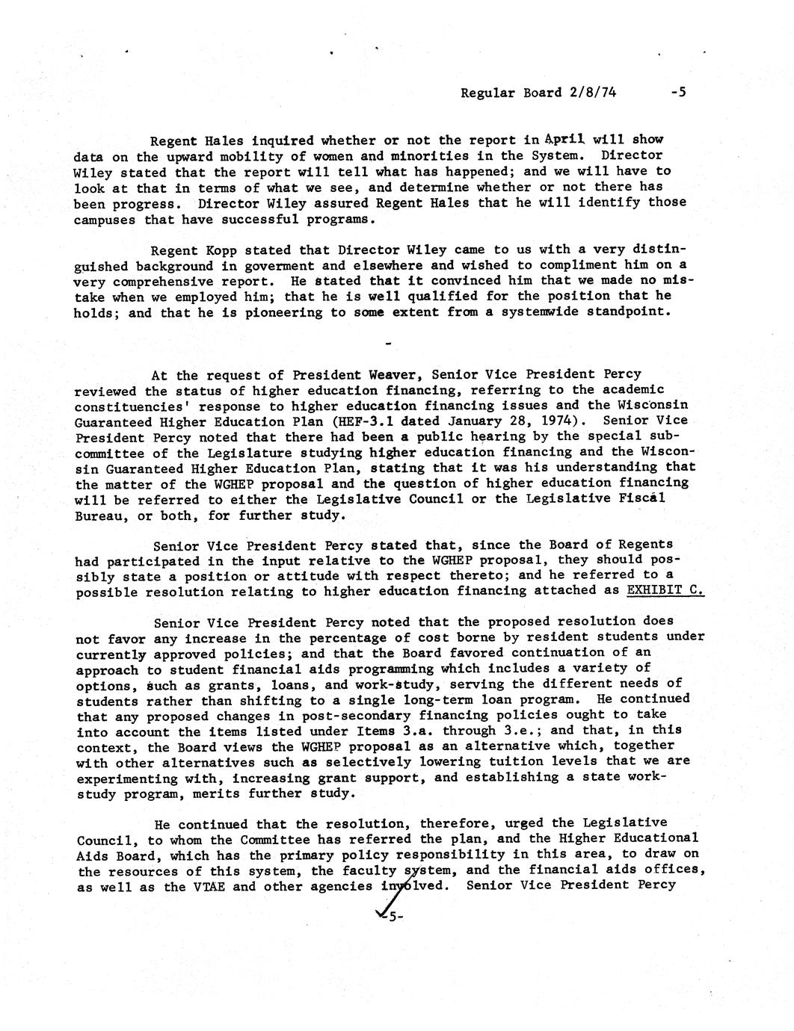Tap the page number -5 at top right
point(678,92)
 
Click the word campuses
point(104,220)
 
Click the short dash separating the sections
point(387,344)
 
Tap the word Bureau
point(96,515)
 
